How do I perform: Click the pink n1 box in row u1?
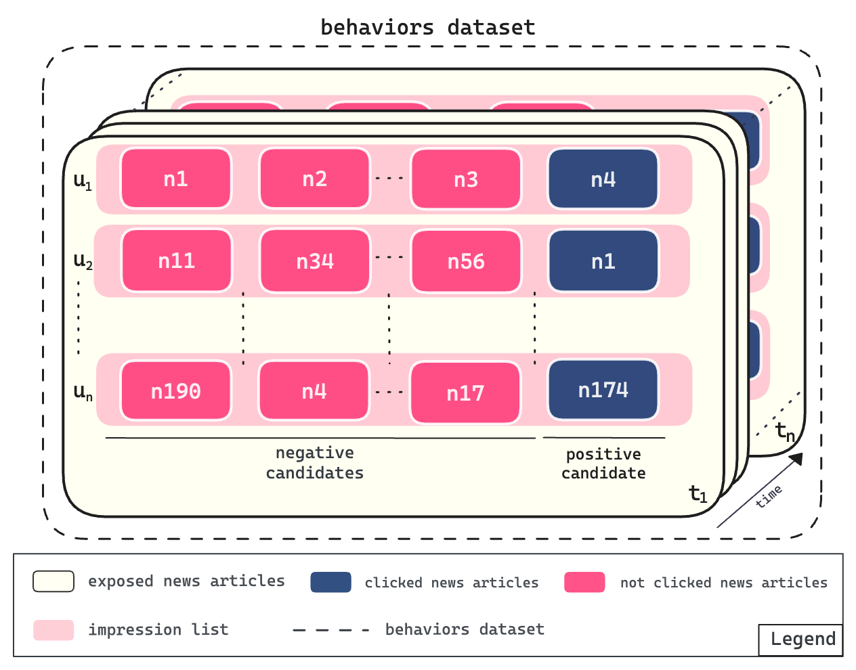tap(176, 179)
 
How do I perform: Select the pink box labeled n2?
tap(315, 179)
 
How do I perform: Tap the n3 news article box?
tap(466, 179)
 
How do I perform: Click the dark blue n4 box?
tap(603, 179)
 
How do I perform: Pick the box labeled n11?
tap(177, 261)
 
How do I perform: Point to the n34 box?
tap(315, 261)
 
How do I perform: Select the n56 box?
tap(466, 261)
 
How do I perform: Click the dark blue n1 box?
tap(603, 261)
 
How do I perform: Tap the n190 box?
tap(176, 391)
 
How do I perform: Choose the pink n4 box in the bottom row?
tap(314, 391)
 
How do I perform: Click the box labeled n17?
tap(465, 393)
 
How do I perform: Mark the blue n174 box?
tap(603, 390)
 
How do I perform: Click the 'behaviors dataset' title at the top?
tap(427, 28)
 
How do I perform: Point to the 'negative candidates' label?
tap(315, 463)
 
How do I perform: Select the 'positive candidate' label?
tap(603, 464)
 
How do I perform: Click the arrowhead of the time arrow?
tap(797, 459)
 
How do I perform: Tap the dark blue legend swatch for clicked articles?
tap(330, 582)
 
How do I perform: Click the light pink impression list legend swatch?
tap(53, 629)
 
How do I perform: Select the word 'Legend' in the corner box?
tap(803, 640)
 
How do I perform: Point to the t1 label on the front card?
tap(698, 494)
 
